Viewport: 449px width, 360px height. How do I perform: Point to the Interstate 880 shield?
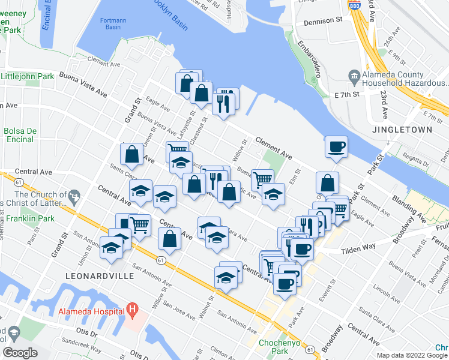(354, 4)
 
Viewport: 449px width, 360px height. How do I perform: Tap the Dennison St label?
(322, 20)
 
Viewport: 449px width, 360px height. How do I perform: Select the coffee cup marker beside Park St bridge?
(336, 146)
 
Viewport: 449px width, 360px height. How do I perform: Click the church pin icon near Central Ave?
(74, 196)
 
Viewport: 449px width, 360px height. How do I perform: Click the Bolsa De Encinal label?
(20, 135)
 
